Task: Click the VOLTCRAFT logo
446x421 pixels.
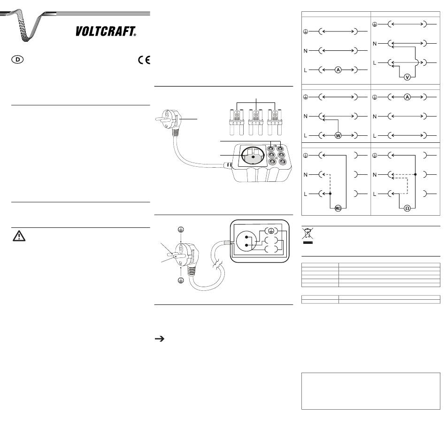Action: (x=106, y=31)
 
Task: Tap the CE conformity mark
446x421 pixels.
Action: (x=144, y=60)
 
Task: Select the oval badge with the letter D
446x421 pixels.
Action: (x=18, y=60)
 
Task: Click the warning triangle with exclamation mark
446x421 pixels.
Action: (x=19, y=236)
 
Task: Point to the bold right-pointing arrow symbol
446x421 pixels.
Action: (x=160, y=339)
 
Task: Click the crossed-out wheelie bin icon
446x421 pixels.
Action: (x=308, y=235)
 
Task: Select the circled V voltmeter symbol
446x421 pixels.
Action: (x=407, y=77)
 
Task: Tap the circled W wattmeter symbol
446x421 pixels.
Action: (x=338, y=135)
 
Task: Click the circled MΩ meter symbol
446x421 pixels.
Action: (x=338, y=208)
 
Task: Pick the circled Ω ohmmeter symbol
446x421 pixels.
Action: (x=407, y=208)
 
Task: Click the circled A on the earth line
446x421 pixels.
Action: (x=407, y=97)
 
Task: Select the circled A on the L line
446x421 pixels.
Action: (x=338, y=70)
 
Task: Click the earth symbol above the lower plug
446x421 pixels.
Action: (x=181, y=229)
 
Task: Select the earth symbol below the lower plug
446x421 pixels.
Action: (x=181, y=281)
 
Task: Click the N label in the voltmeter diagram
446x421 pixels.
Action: (x=375, y=44)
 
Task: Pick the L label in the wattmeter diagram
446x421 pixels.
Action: (x=306, y=136)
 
